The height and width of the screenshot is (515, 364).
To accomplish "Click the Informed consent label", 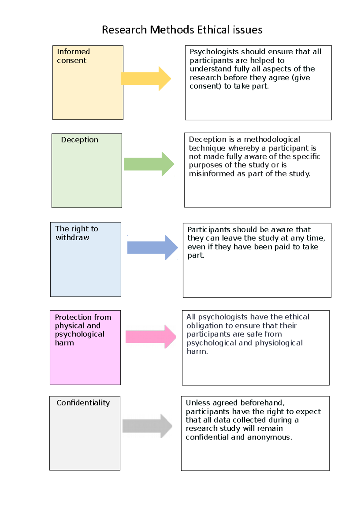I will click(73, 56).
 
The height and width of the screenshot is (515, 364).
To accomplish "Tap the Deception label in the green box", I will click(79, 140).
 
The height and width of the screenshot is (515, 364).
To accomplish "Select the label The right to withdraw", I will click(76, 233).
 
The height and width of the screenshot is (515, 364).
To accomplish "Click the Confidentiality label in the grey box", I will click(83, 403).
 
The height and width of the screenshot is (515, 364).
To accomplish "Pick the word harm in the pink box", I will click(64, 343).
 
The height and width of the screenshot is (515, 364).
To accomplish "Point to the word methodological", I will click(272, 140).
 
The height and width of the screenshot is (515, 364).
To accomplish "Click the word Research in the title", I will click(124, 30).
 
